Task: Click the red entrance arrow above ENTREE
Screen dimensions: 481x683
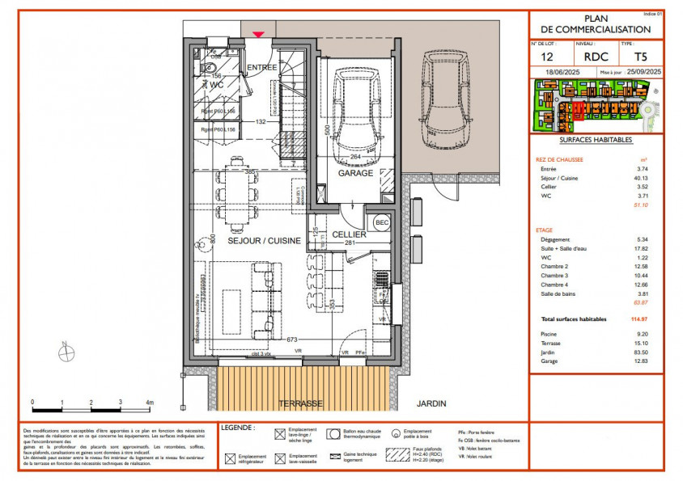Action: click(259, 34)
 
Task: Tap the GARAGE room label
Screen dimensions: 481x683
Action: click(355, 173)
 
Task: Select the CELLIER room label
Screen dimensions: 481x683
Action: click(350, 234)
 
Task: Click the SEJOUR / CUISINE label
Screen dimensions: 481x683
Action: click(264, 241)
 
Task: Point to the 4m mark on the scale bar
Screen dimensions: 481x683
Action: click(149, 402)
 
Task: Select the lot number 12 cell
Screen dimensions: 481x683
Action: click(547, 57)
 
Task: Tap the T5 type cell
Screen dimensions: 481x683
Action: click(640, 57)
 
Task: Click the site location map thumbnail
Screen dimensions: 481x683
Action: click(596, 108)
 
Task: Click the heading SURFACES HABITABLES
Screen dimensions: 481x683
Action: click(596, 140)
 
